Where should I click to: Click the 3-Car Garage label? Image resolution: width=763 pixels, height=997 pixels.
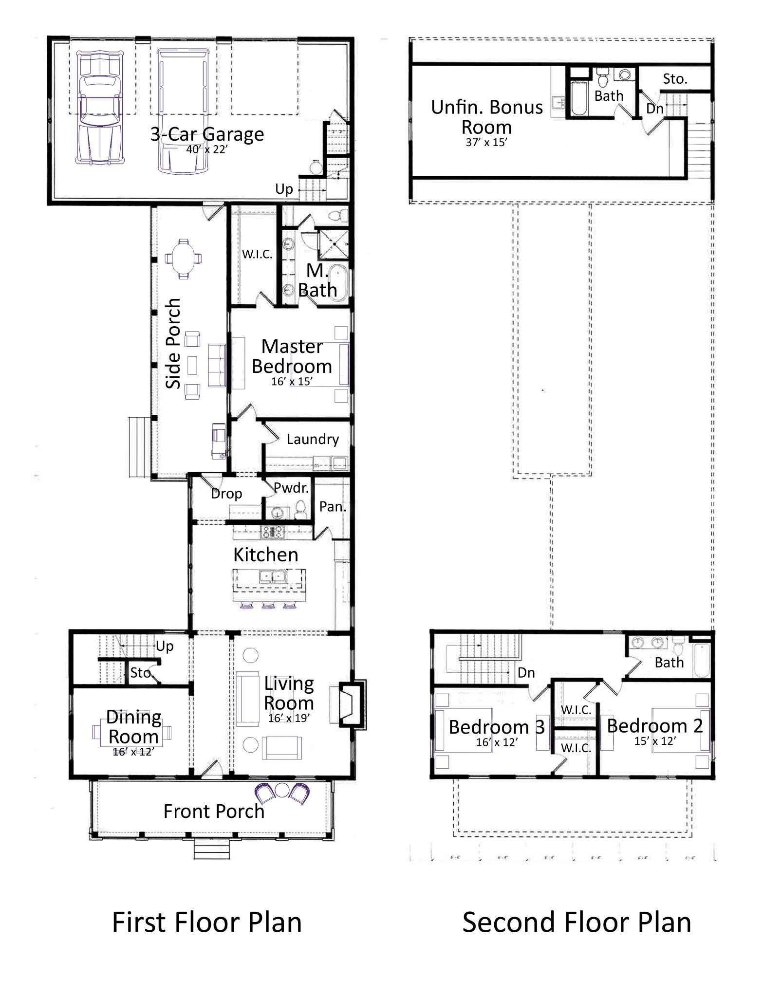coord(207,134)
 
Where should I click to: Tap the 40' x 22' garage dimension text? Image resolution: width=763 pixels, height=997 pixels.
coord(206,149)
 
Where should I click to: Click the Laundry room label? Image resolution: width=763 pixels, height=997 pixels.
coord(313,439)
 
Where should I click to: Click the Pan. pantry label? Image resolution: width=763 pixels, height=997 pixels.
coord(333,507)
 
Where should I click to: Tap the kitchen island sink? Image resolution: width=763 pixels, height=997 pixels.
coord(272,577)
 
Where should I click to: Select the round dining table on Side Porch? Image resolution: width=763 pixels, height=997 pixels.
coord(184,258)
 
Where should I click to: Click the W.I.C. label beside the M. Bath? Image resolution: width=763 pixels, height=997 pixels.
coord(257,254)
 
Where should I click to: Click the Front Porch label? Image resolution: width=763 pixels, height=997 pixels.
coord(214,812)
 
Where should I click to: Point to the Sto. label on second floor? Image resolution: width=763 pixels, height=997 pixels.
coord(675,79)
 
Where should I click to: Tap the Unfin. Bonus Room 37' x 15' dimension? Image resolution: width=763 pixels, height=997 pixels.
coord(486,143)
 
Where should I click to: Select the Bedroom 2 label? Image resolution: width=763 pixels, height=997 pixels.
coord(655,726)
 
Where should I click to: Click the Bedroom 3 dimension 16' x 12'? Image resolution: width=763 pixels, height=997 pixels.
coord(497,742)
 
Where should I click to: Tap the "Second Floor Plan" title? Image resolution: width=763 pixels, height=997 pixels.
coord(577,923)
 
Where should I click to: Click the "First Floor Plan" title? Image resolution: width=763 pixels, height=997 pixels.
coord(207,923)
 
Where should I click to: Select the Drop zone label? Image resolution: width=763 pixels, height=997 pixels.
coord(226,494)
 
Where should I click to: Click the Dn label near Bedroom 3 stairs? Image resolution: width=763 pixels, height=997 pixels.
coord(526,673)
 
